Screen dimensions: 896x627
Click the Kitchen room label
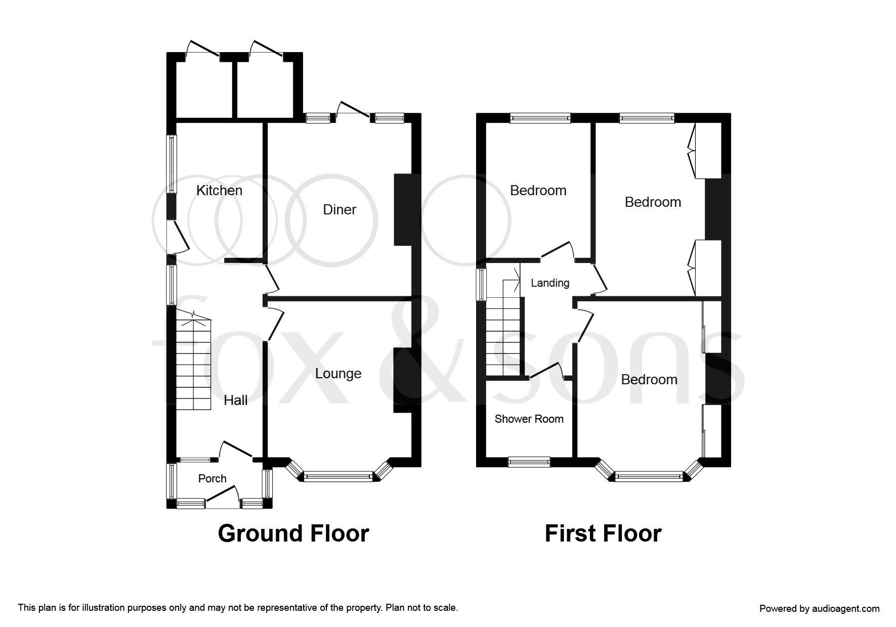pyautogui.click(x=219, y=191)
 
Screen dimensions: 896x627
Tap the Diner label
pyautogui.click(x=339, y=210)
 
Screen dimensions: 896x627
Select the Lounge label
pyautogui.click(x=338, y=374)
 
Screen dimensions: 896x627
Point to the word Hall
pyautogui.click(x=236, y=400)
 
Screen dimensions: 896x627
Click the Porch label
pyautogui.click(x=212, y=478)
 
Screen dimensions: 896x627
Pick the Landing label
pyautogui.click(x=550, y=283)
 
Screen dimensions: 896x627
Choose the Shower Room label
pyautogui.click(x=529, y=419)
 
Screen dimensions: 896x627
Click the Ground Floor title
pyautogui.click(x=293, y=533)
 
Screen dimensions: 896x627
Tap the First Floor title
pyautogui.click(x=603, y=533)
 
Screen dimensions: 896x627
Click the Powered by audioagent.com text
pyautogui.click(x=820, y=609)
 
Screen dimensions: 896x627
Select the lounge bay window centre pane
pyautogui.click(x=338, y=476)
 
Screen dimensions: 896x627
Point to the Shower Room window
pyautogui.click(x=529, y=461)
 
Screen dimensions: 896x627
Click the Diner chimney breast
pyautogui.click(x=404, y=210)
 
